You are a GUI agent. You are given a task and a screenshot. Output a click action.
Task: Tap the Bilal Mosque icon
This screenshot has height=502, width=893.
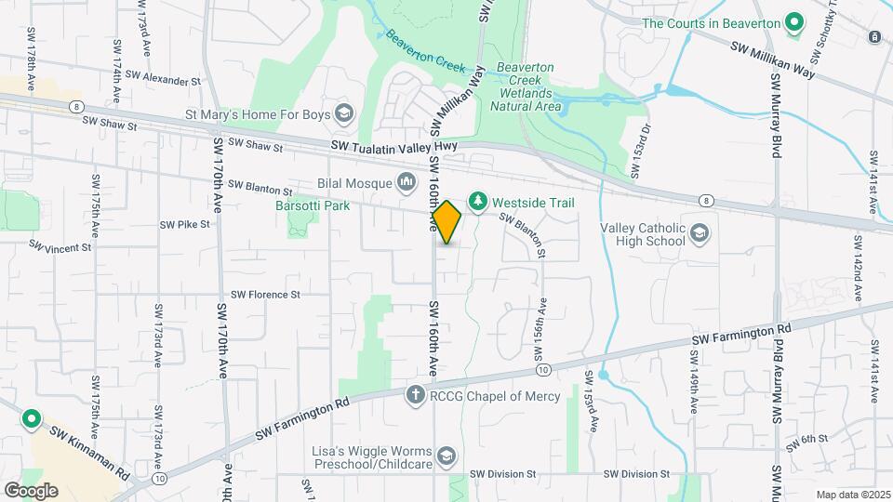click(407, 181)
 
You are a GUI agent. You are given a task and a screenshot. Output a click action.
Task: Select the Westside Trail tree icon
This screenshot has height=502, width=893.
click(477, 202)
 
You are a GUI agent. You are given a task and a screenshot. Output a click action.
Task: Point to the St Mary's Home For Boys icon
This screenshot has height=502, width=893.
click(343, 114)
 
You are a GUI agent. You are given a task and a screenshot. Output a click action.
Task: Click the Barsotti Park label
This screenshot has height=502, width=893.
click(313, 205)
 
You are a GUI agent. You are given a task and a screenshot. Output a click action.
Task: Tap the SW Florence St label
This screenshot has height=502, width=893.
click(266, 295)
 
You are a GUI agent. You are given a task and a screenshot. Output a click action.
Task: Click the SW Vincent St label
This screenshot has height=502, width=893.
click(60, 247)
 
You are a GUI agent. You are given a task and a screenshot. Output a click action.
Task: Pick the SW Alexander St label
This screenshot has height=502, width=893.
click(163, 78)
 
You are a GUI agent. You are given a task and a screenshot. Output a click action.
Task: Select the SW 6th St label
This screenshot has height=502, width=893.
click(807, 443)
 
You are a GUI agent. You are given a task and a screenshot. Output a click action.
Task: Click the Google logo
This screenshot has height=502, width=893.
click(30, 491)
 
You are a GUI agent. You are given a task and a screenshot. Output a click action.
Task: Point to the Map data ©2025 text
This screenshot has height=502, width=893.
click(852, 495)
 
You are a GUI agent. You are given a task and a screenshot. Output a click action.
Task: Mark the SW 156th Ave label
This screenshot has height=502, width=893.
click(540, 329)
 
